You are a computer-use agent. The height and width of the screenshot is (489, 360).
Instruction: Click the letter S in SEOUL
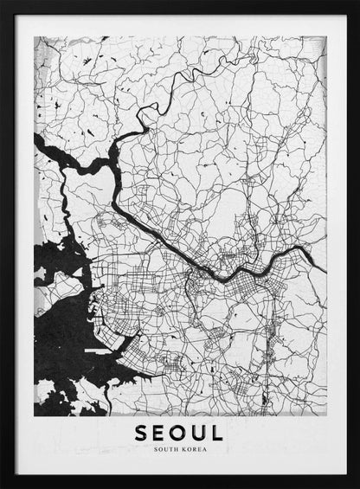(x=141, y=432)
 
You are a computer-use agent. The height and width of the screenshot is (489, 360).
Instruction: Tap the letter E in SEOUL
(x=160, y=432)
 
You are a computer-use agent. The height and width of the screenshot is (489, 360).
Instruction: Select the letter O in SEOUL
(x=180, y=432)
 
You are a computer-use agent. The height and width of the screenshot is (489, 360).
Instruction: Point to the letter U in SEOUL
(x=200, y=432)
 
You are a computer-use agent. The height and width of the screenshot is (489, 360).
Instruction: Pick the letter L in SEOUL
(x=217, y=432)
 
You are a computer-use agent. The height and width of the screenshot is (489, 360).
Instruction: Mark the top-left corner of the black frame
(x=2, y=2)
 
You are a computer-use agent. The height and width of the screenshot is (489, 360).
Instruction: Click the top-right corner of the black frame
(x=357, y=2)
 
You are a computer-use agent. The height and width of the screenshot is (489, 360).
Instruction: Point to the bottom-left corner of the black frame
(x=2, y=486)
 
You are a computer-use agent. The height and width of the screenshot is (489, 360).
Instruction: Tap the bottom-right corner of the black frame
(x=357, y=486)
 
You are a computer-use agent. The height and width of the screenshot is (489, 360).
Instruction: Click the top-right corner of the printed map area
(x=325, y=37)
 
